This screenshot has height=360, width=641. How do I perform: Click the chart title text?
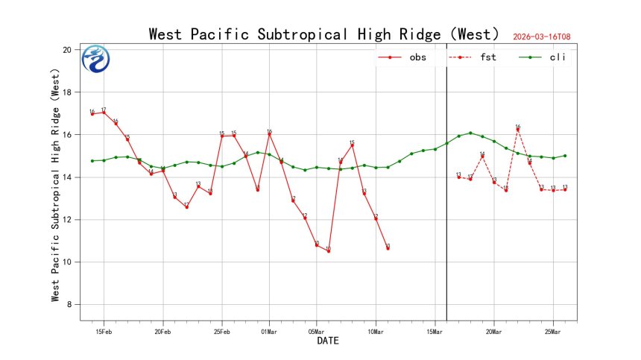pos(323,34)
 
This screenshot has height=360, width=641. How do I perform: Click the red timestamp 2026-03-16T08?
pos(546,37)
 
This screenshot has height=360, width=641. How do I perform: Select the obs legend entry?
pos(406,57)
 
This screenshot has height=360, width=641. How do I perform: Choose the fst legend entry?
pos(477,57)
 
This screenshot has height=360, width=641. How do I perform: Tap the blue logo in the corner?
pos(95,60)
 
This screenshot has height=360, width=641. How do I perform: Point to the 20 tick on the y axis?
pos(66,50)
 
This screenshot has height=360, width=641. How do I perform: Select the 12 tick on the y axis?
pos(66,220)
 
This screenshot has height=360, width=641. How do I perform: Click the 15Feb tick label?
pos(104,331)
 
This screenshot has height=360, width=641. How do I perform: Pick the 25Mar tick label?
pos(553,331)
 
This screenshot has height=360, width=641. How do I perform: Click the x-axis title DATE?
pos(328,341)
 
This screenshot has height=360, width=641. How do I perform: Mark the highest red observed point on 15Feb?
pos(104,113)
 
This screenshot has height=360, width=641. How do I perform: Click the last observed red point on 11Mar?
pos(388,248)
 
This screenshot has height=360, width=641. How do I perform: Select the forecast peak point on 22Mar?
pos(518,129)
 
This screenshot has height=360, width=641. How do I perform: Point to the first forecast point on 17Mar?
pos(458,177)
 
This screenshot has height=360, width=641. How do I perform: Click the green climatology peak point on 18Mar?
pos(470,133)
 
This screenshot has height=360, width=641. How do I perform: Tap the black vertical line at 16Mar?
pos(446,224)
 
